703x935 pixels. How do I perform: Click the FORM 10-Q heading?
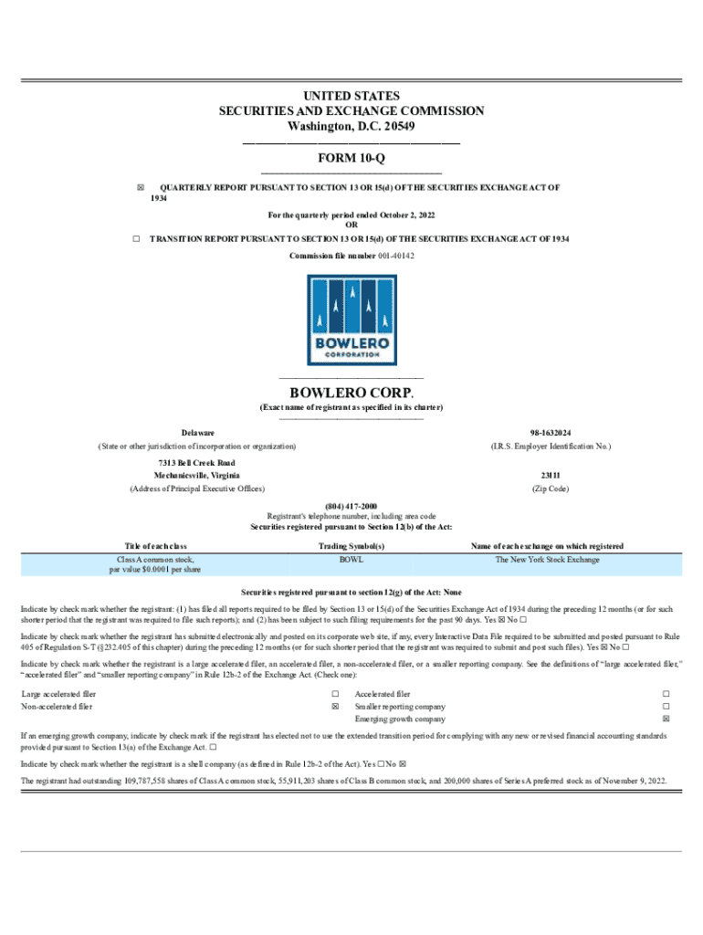(x=351, y=158)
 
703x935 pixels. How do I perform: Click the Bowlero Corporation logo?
(x=351, y=320)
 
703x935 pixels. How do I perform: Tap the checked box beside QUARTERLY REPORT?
(x=141, y=187)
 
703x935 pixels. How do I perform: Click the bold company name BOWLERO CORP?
(x=351, y=394)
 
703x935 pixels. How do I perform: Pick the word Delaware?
(x=198, y=432)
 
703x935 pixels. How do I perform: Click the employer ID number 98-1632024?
(x=551, y=432)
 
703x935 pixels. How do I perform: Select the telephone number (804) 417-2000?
(x=351, y=506)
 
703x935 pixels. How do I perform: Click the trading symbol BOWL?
(x=351, y=559)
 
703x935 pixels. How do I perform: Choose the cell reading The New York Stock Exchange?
(x=548, y=559)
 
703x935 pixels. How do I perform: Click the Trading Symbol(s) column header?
(x=351, y=546)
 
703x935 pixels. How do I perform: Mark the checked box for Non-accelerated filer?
(x=335, y=707)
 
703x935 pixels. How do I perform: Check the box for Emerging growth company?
(x=666, y=720)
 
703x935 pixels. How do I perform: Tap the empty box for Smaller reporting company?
(x=666, y=707)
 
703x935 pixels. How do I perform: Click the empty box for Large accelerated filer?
(x=335, y=694)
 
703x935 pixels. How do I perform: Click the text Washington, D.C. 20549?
(x=351, y=126)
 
